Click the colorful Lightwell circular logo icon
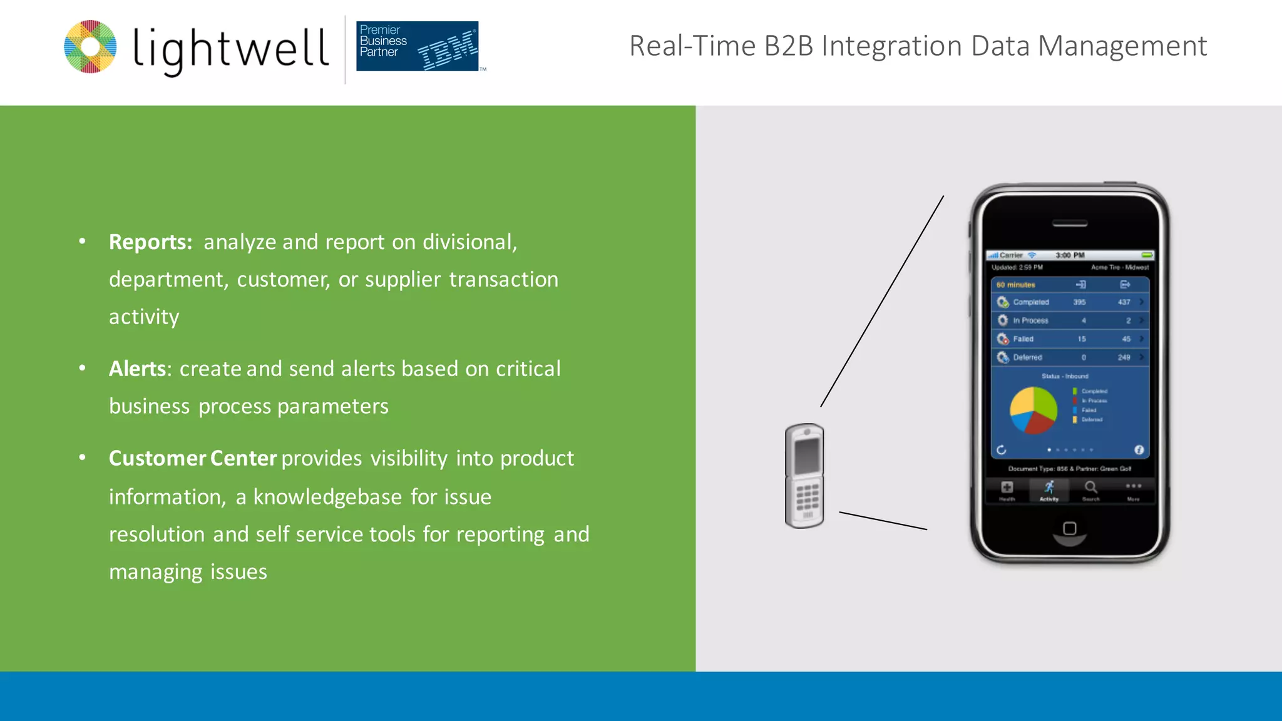pyautogui.click(x=90, y=47)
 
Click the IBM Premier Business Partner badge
pyautogui.click(x=417, y=46)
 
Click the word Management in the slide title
pyautogui.click(x=1122, y=46)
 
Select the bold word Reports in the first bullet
pyautogui.click(x=150, y=242)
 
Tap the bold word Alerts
pyautogui.click(x=137, y=369)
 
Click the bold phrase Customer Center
pyautogui.click(x=192, y=458)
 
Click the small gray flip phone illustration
pyautogui.click(x=804, y=476)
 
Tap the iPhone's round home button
pyautogui.click(x=1070, y=529)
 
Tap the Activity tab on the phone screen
pyautogui.click(x=1049, y=491)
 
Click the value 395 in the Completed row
pyautogui.click(x=1079, y=302)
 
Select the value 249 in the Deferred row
pyautogui.click(x=1124, y=357)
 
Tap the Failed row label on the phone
pyautogui.click(x=1023, y=339)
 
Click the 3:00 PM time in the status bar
pyautogui.click(x=1070, y=255)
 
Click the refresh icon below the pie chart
pyautogui.click(x=1001, y=450)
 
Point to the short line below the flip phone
pyautogui.click(x=883, y=521)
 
